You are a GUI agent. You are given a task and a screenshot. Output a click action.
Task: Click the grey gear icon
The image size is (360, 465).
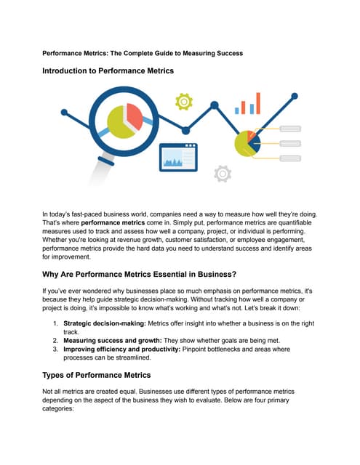click(223, 173)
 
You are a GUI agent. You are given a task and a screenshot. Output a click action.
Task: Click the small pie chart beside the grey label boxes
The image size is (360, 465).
click(247, 142)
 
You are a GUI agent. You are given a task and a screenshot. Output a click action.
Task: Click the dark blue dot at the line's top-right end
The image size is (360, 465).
click(296, 95)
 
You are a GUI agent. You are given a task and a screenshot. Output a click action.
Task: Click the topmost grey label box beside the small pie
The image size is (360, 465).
click(290, 129)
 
